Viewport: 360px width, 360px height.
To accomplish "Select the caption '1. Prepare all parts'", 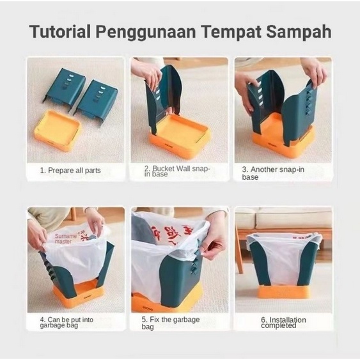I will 70,171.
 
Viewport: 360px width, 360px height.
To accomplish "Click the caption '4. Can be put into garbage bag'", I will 68,322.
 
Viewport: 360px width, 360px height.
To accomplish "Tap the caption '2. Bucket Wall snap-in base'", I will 176,171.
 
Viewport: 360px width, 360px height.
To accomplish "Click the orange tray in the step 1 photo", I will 58,130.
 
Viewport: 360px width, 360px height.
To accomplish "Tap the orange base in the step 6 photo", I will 283,291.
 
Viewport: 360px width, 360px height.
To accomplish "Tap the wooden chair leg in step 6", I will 239,256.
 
